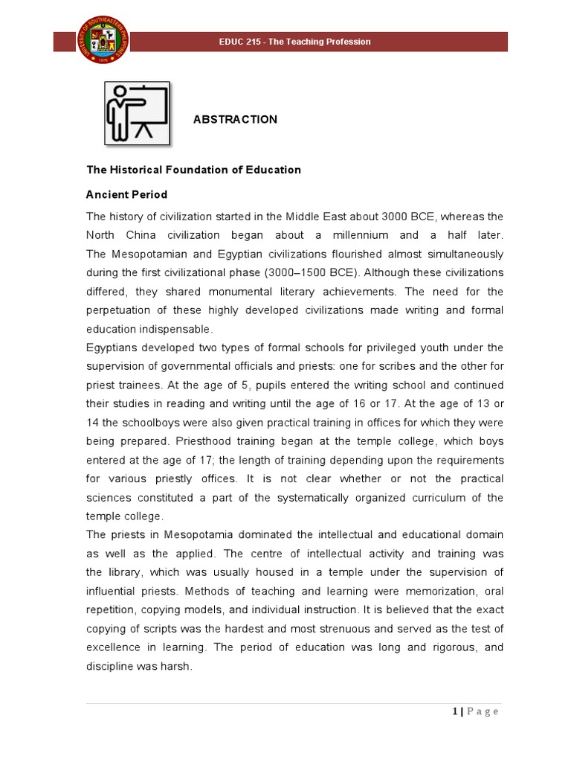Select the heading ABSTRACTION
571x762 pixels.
235,119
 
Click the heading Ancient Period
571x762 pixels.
126,194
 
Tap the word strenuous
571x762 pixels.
367,628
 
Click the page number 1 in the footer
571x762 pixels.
454,712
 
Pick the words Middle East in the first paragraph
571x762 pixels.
335,217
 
